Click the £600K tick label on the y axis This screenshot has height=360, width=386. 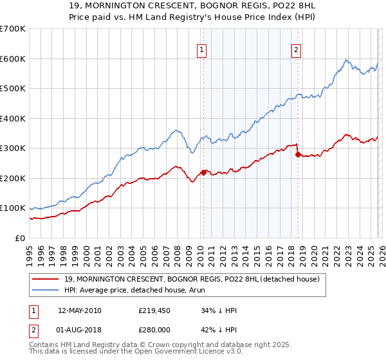click(x=12, y=59)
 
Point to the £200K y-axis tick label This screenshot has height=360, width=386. click(x=12, y=178)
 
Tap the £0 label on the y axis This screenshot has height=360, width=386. click(x=21, y=238)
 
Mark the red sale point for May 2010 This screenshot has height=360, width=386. click(x=204, y=172)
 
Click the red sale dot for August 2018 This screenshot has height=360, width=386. click(x=297, y=154)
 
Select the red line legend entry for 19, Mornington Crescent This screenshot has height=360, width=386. click(x=187, y=278)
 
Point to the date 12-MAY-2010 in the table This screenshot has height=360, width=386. click(x=79, y=310)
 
